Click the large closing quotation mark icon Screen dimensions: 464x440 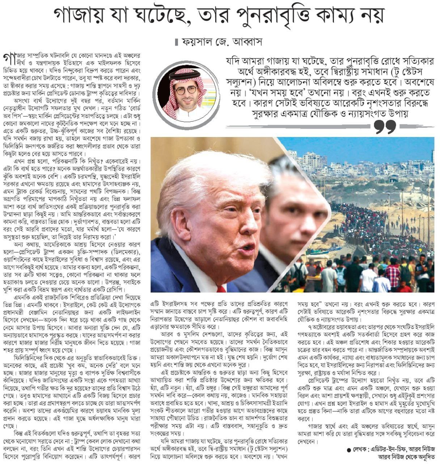pos(385,127)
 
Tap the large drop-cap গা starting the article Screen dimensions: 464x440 pos(8,58)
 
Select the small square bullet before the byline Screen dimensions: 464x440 pos(176,42)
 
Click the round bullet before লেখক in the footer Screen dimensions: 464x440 pos(348,450)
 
